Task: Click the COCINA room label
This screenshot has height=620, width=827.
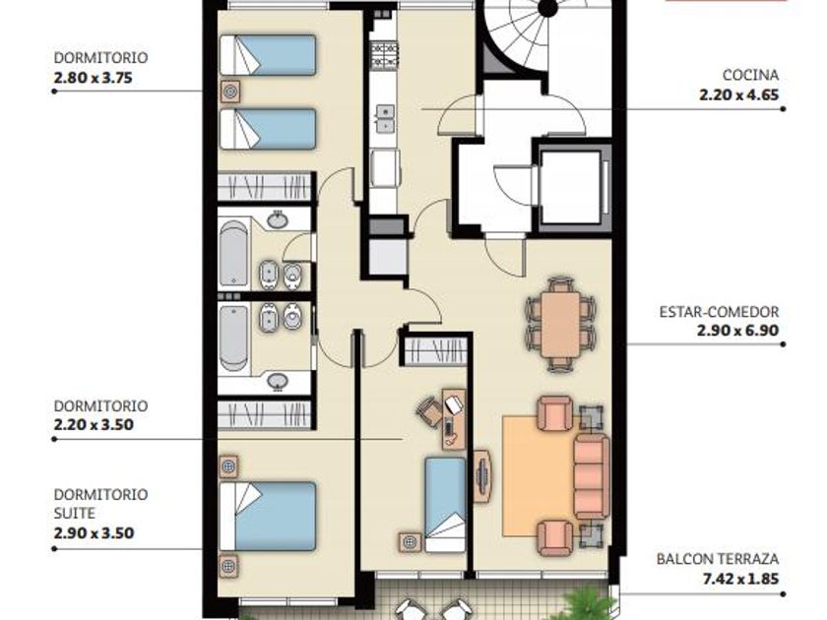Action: pos(750,76)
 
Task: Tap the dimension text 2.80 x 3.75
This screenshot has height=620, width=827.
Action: pos(93,78)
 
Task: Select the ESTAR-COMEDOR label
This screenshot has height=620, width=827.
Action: pos(719,312)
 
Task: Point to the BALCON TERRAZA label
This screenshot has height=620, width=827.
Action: pos(718,559)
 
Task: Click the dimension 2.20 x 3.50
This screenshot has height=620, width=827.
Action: pos(94,424)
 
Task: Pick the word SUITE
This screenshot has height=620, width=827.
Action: pos(75,513)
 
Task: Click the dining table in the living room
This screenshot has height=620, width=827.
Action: pos(560,324)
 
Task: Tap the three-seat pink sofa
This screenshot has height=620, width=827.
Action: pos(592,476)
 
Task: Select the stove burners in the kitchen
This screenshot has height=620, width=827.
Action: pos(385,56)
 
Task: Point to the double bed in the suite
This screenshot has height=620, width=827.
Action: pos(268,516)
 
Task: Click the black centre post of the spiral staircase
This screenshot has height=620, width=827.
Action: pos(548,8)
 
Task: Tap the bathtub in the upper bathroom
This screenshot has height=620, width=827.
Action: pos(233,255)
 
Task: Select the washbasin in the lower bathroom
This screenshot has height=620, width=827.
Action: pos(278,381)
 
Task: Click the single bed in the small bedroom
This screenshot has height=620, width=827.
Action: pos(446,505)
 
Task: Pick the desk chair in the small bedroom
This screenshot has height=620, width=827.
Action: pos(430,410)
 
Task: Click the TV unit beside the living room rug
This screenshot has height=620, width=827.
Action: pos(482,475)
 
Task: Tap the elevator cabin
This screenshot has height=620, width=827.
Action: pos(571,186)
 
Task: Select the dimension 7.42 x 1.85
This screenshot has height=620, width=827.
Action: pos(740,579)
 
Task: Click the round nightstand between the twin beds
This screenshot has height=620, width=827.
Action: pos(230,92)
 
